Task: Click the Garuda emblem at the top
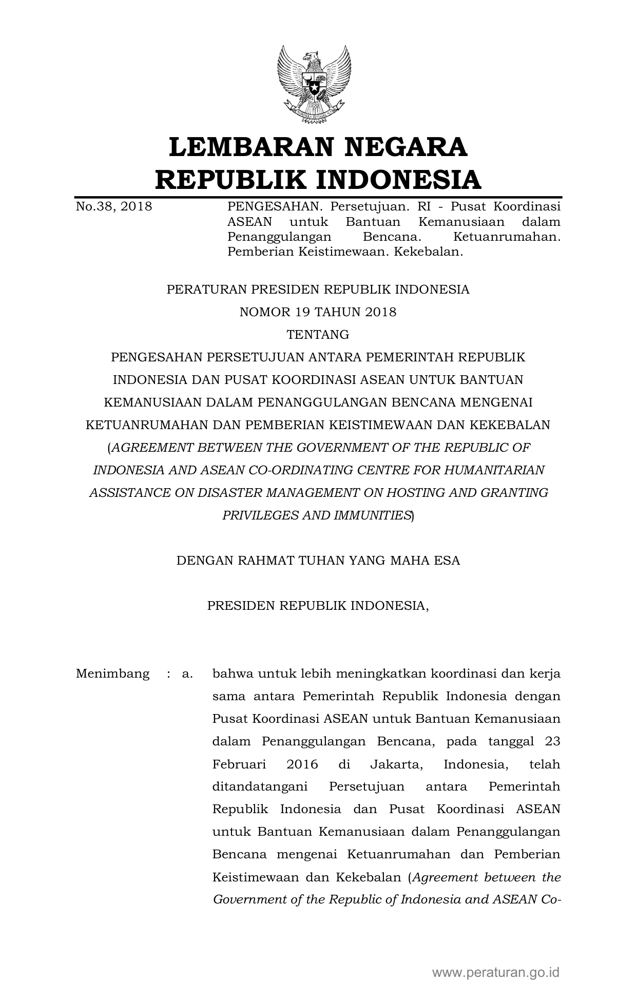tap(314, 85)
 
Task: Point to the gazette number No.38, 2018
tap(114, 207)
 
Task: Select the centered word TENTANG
tap(318, 335)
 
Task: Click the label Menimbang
tap(112, 673)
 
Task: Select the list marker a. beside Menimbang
tap(187, 673)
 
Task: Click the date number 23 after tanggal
tap(552, 741)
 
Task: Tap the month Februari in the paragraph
tap(239, 764)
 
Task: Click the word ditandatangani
tap(260, 786)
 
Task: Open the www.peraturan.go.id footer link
tap(495, 972)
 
